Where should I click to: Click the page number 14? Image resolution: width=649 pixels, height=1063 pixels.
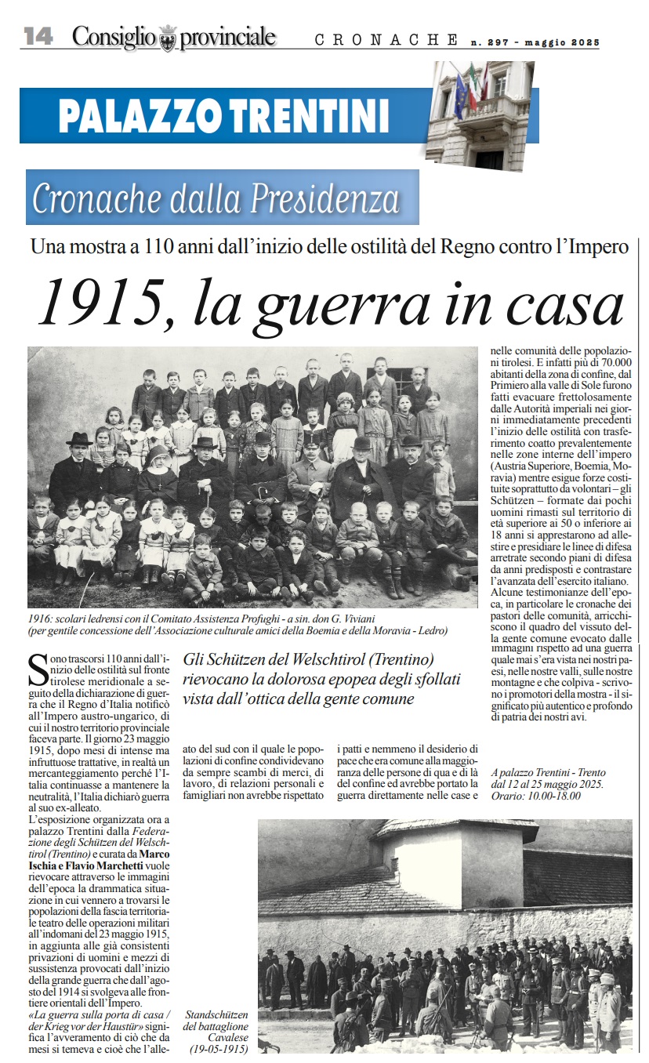point(38,36)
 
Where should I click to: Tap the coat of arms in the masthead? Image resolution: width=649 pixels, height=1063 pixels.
point(168,38)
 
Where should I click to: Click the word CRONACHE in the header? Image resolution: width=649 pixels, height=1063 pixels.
point(386,39)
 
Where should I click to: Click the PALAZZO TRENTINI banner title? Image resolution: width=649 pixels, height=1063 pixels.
point(223,116)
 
